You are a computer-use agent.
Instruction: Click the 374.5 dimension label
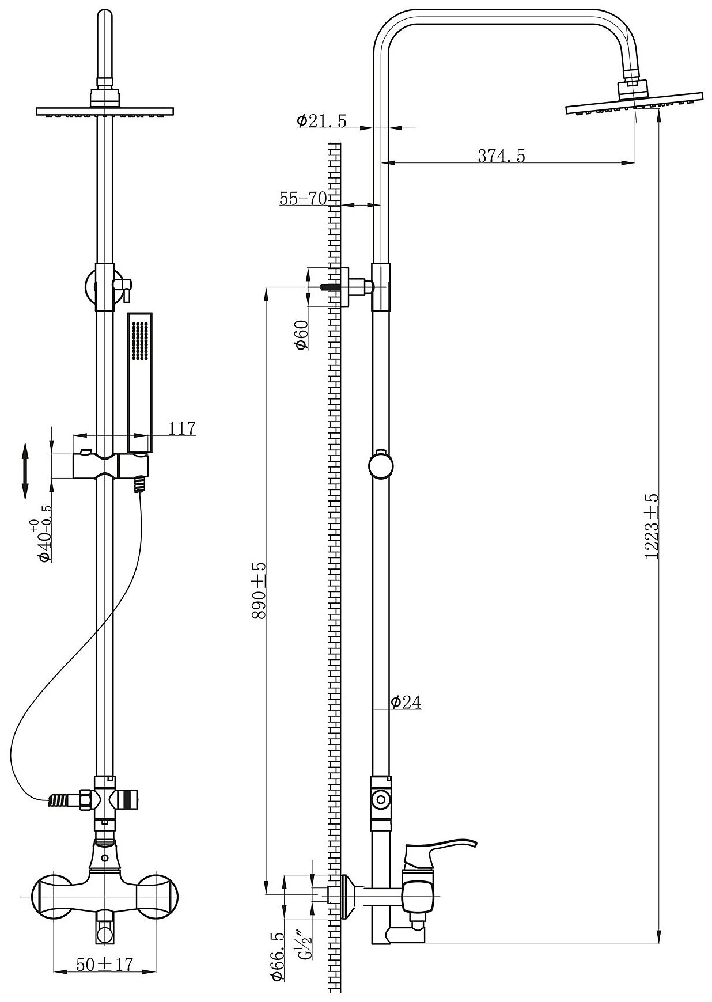pos(501,155)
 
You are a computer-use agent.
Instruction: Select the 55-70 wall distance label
pos(303,199)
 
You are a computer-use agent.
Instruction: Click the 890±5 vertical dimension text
pos(260,590)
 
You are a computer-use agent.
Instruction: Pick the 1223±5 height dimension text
pos(652,526)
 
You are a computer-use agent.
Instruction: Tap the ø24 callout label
pos(406,702)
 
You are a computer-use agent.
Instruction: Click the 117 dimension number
pos(182,428)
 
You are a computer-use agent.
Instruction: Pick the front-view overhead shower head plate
pos(105,110)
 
